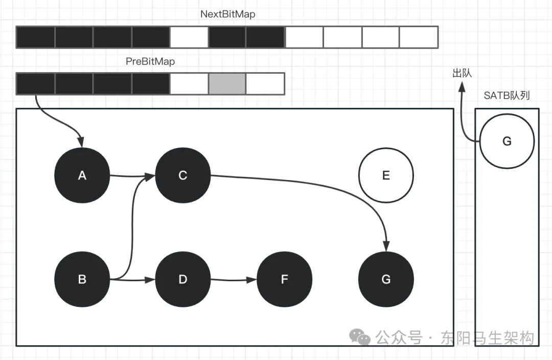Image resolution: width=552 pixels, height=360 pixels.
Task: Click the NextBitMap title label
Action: (227, 14)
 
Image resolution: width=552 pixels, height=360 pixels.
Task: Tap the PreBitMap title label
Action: (150, 61)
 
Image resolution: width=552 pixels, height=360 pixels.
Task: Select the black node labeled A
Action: (82, 175)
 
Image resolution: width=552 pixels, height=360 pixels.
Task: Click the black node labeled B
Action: (82, 279)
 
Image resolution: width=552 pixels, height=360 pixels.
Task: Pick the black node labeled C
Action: (183, 175)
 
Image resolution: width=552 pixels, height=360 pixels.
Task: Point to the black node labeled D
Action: (183, 279)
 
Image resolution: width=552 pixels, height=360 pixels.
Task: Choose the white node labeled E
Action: (386, 175)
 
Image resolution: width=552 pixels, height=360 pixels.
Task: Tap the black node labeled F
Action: (285, 279)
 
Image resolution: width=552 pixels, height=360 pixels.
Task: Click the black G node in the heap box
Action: (386, 279)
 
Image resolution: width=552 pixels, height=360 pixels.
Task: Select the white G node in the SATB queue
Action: (507, 141)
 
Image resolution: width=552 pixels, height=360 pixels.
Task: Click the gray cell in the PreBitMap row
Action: (227, 84)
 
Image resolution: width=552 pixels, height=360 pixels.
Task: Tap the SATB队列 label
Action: (507, 96)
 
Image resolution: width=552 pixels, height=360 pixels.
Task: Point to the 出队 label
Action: (462, 73)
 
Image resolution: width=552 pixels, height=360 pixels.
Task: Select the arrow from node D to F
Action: (233, 280)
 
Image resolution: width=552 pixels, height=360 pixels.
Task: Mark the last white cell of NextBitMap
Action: (419, 37)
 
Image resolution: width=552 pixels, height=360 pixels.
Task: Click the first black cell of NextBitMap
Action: (35, 37)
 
